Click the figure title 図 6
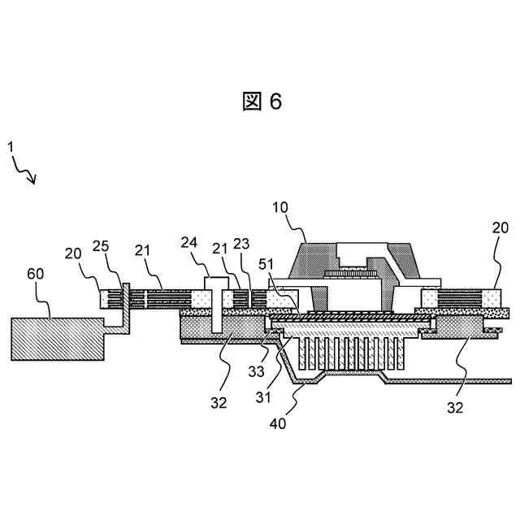pos(262,101)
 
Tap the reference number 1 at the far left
pos(11,146)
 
